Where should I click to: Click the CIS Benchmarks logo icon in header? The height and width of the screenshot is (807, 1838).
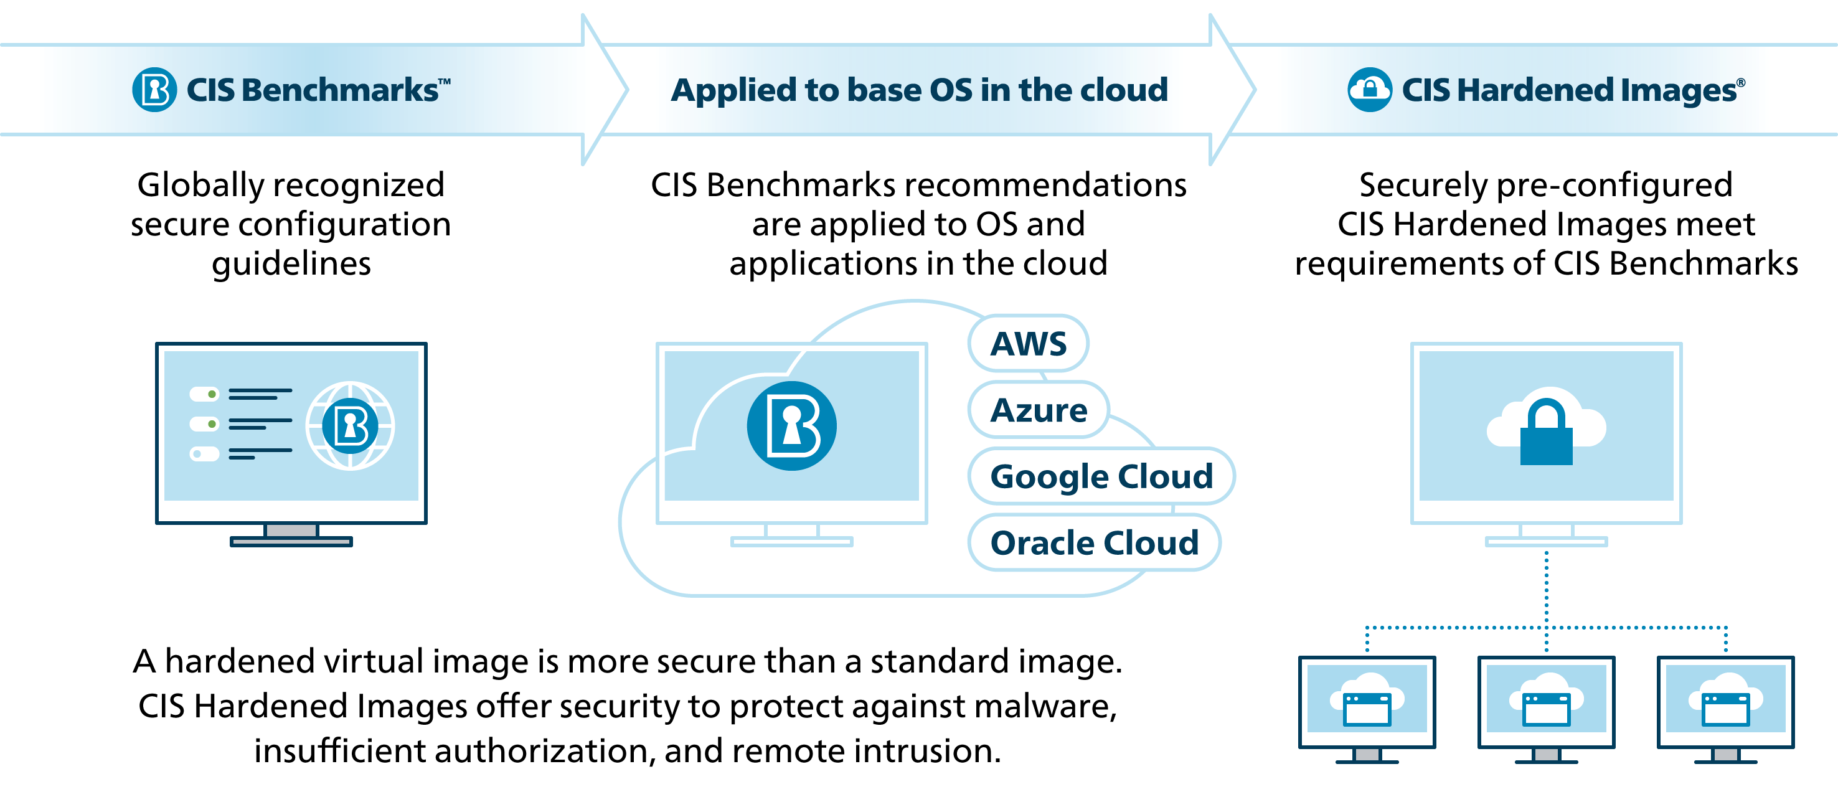154,90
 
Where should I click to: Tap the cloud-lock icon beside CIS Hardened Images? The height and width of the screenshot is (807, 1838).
1369,90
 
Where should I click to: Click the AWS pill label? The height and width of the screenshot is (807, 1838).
1028,344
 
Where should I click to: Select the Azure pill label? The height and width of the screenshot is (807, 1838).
1038,410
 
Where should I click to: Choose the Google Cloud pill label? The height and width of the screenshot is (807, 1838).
1101,476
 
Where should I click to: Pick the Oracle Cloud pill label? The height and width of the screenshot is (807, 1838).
1094,543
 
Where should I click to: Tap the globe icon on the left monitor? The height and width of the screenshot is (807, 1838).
350,426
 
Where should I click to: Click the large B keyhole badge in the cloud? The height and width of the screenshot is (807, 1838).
791,426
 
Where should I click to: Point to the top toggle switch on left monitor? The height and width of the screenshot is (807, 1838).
204,394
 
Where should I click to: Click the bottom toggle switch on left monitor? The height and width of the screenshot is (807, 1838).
204,454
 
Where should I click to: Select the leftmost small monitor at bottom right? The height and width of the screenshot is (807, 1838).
1367,703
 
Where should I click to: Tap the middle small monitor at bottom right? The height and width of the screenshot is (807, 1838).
1545,703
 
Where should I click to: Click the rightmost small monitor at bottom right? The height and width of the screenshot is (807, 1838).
1725,703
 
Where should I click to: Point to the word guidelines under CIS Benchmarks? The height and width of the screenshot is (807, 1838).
291,264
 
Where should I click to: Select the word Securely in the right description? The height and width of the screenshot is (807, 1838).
1423,186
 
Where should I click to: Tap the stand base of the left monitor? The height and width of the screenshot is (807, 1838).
291,542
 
